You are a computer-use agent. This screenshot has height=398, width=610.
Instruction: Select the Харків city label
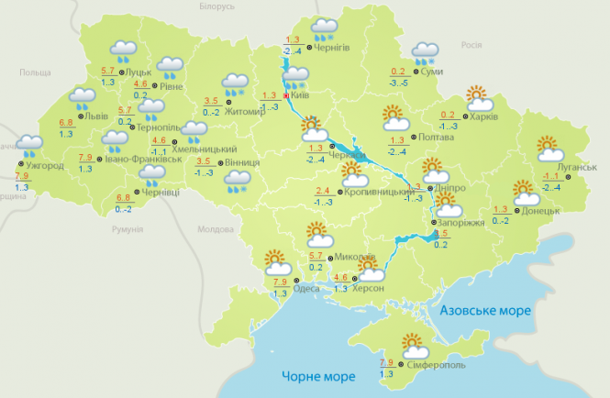[486, 116]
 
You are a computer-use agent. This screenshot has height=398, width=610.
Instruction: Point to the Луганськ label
[578, 167]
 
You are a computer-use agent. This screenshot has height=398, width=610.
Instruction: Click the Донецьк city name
[540, 210]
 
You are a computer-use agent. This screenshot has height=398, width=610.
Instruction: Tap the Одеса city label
[306, 289]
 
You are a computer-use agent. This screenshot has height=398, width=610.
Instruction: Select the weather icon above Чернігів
[324, 28]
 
